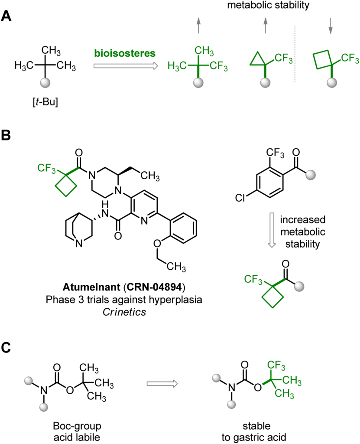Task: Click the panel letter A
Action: (x=6, y=16)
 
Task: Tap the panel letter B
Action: (x=6, y=135)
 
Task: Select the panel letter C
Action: (x=6, y=347)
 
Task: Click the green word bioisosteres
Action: (x=125, y=53)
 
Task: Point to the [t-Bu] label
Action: (x=45, y=101)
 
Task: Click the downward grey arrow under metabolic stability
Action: (x=330, y=26)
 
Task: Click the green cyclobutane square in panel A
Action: (x=323, y=59)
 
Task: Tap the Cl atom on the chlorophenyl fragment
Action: (x=240, y=198)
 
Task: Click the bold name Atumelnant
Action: (x=91, y=287)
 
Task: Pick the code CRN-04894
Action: (x=154, y=287)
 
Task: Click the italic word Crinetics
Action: (x=124, y=312)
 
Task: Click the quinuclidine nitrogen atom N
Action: (x=80, y=243)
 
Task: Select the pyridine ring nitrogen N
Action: (x=145, y=221)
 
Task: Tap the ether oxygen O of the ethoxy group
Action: (x=157, y=243)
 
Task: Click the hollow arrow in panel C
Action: (x=162, y=384)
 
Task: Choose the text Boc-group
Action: (x=77, y=426)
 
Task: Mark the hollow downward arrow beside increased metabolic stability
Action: (x=272, y=230)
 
